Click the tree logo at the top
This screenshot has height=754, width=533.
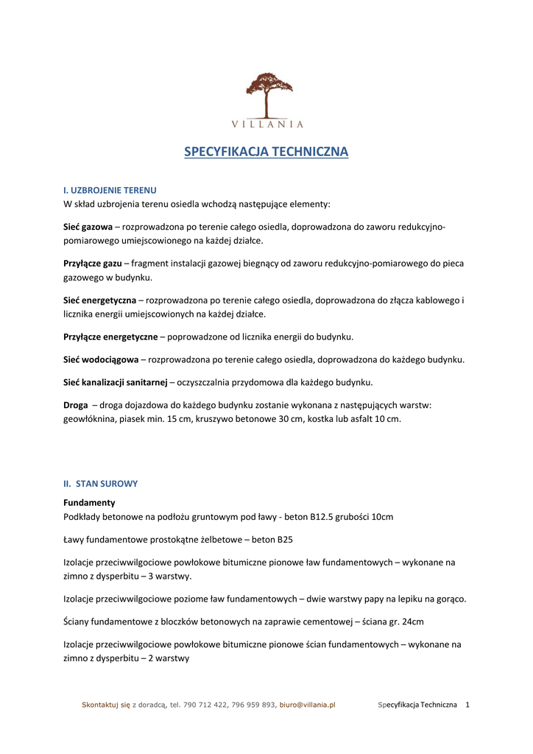pyautogui.click(x=269, y=94)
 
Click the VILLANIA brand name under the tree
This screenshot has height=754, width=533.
pyautogui.click(x=267, y=124)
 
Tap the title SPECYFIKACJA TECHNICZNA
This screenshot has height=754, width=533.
pyautogui.click(x=266, y=152)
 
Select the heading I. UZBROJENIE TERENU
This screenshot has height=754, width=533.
pyautogui.click(x=110, y=190)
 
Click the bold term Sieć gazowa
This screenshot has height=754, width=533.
pyautogui.click(x=88, y=228)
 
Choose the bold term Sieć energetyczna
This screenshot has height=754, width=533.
pyautogui.click(x=99, y=300)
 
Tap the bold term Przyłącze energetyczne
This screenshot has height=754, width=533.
pyautogui.click(x=110, y=337)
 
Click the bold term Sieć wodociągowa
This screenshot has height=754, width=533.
pyautogui.click(x=101, y=360)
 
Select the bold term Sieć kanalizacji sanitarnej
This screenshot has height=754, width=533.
pyautogui.click(x=116, y=382)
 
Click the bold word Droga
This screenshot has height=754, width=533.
pyautogui.click(x=76, y=405)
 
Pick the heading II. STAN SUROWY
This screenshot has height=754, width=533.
pyautogui.click(x=100, y=484)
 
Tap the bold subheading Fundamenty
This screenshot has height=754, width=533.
pyautogui.click(x=89, y=503)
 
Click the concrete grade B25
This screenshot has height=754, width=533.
pyautogui.click(x=285, y=540)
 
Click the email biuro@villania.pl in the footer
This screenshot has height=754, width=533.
pyautogui.click(x=307, y=705)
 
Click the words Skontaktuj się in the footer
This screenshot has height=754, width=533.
pyautogui.click(x=105, y=705)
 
